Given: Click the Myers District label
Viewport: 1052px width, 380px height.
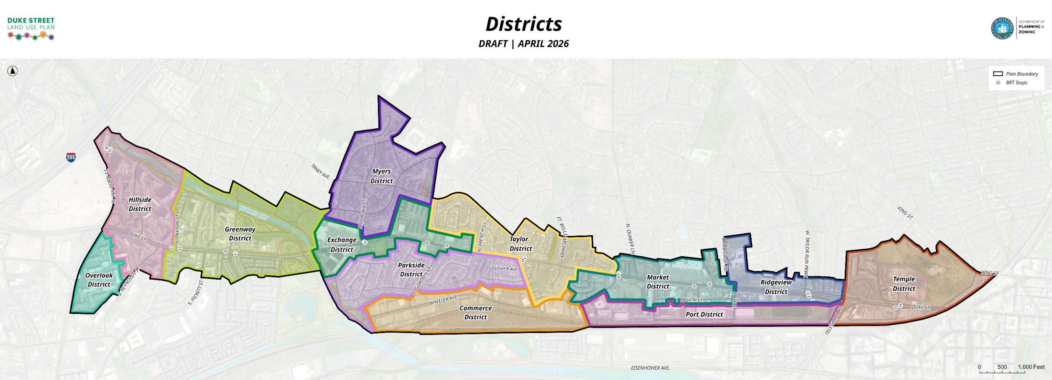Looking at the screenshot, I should pos(381,176).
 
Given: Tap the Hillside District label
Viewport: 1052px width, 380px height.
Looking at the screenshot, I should pos(140,204).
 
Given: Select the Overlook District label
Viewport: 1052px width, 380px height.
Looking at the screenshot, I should pos(99,280).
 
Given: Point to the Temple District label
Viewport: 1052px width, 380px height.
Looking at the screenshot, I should pos(904,284).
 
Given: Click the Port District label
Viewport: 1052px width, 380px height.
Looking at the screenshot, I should pos(704,314).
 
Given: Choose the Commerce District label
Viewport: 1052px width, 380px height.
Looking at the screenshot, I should pos(475,313).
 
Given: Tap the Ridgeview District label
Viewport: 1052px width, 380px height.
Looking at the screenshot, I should pos(776,287).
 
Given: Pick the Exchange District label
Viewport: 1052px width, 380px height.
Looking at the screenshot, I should pos(341,245).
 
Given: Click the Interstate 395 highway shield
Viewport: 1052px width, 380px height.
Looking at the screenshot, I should pos(71,157).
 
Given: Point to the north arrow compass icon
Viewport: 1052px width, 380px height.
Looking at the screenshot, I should pos(13,71).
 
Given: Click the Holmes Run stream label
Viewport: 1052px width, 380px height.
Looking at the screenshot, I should pos(254,213).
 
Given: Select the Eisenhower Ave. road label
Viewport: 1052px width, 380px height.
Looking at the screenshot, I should pos(650,368).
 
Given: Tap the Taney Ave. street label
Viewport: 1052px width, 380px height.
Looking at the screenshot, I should pos(321,171).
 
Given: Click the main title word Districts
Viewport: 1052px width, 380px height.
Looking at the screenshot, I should pos(524,24).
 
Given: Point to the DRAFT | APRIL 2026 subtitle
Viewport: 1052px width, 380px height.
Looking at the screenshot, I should pos(524,44).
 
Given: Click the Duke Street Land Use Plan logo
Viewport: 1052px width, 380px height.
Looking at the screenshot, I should pos(31,28).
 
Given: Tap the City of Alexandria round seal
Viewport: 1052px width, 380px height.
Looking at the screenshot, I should pos(1002,28).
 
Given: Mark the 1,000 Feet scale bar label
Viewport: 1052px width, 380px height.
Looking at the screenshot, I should pos(1031,367).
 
